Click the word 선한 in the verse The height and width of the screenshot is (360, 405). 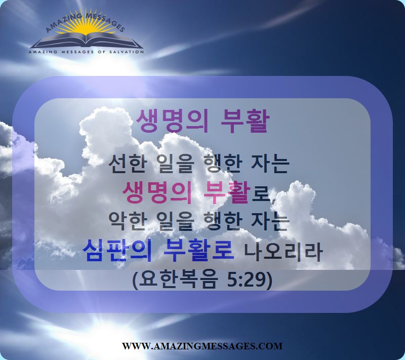coord(125,164)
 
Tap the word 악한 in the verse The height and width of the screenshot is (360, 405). coord(125,222)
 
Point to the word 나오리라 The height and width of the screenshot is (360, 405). coord(283,251)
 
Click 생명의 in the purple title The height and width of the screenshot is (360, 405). coord(172,121)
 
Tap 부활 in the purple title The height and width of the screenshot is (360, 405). coord(245,121)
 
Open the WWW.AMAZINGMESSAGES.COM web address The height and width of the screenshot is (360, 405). coord(202,346)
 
